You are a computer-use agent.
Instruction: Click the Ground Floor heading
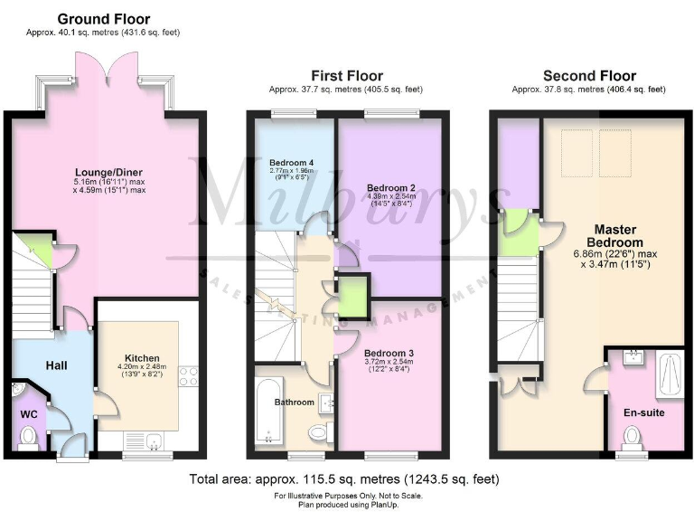pyautogui.click(x=104, y=19)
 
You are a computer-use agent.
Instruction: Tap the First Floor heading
pyautogui.click(x=346, y=76)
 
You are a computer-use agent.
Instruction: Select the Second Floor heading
pyautogui.click(x=588, y=76)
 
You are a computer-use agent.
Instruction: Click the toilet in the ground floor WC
pyautogui.click(x=28, y=436)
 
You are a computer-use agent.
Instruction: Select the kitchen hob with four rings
pyautogui.click(x=189, y=375)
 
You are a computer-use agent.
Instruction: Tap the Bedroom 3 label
pyautogui.click(x=389, y=354)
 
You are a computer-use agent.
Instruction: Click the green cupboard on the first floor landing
pyautogui.click(x=352, y=298)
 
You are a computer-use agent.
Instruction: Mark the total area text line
pyautogui.click(x=344, y=478)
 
